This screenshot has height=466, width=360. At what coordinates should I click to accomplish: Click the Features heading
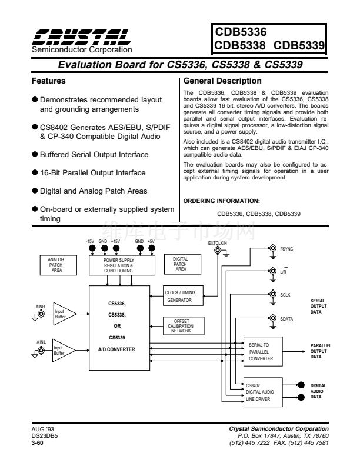[x=48, y=81]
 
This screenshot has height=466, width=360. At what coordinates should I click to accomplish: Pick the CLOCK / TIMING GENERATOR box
[x=184, y=294]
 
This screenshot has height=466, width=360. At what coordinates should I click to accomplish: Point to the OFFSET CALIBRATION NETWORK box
[x=184, y=325]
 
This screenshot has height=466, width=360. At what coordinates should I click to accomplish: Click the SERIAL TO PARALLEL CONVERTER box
[x=264, y=351]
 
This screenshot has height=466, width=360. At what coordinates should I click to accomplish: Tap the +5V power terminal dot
[x=151, y=248]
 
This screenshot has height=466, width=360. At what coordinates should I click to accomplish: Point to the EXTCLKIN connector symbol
[x=218, y=251]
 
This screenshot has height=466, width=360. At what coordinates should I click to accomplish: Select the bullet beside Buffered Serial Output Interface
[x=35, y=155]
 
